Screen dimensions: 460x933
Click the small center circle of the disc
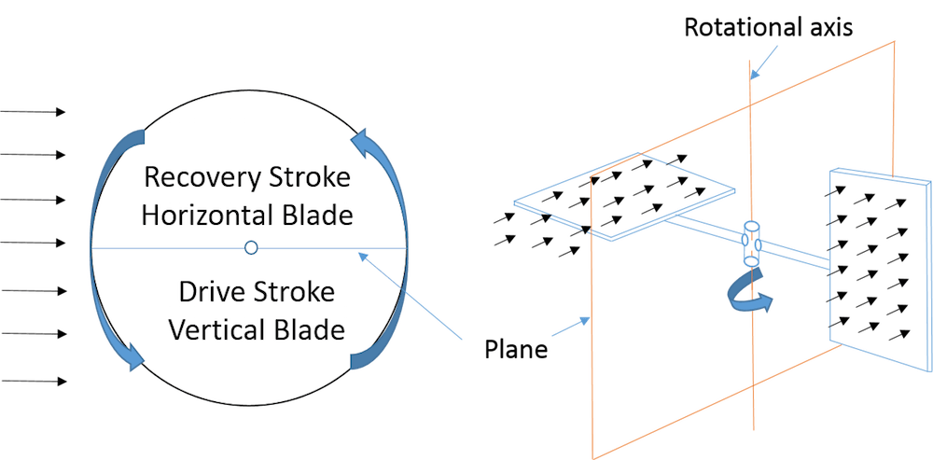(250, 247)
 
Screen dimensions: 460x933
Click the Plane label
(515, 352)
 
